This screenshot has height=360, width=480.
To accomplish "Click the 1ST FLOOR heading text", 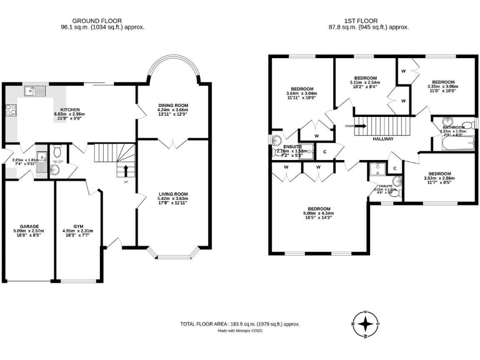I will (x=369, y=20).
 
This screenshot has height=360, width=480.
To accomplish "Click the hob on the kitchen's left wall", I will (x=10, y=111).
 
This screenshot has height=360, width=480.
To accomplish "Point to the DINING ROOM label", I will (x=172, y=105).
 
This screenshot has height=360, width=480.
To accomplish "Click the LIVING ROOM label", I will (x=172, y=194).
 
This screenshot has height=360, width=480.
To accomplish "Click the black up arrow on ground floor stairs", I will (x=126, y=169).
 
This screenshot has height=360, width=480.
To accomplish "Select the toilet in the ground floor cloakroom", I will (x=56, y=151).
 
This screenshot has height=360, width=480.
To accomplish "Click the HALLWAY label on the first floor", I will (x=382, y=139).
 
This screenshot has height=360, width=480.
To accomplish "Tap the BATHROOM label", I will (x=454, y=127).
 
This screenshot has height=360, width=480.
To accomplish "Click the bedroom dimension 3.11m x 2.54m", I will (x=366, y=83).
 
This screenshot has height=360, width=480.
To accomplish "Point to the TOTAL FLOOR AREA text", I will (x=240, y=324).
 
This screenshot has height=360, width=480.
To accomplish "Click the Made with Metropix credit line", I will (x=240, y=331).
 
